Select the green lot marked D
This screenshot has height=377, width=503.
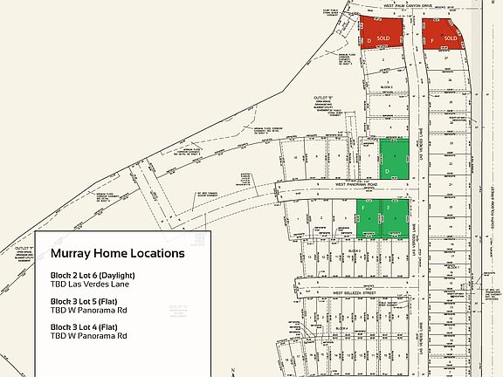[394, 160]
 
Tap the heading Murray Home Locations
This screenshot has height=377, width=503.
[117, 254]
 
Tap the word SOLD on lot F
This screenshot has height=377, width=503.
[451, 38]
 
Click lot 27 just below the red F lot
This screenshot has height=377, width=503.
[449, 58]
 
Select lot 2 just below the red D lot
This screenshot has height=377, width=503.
[382, 59]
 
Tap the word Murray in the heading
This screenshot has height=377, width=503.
[72, 254]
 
